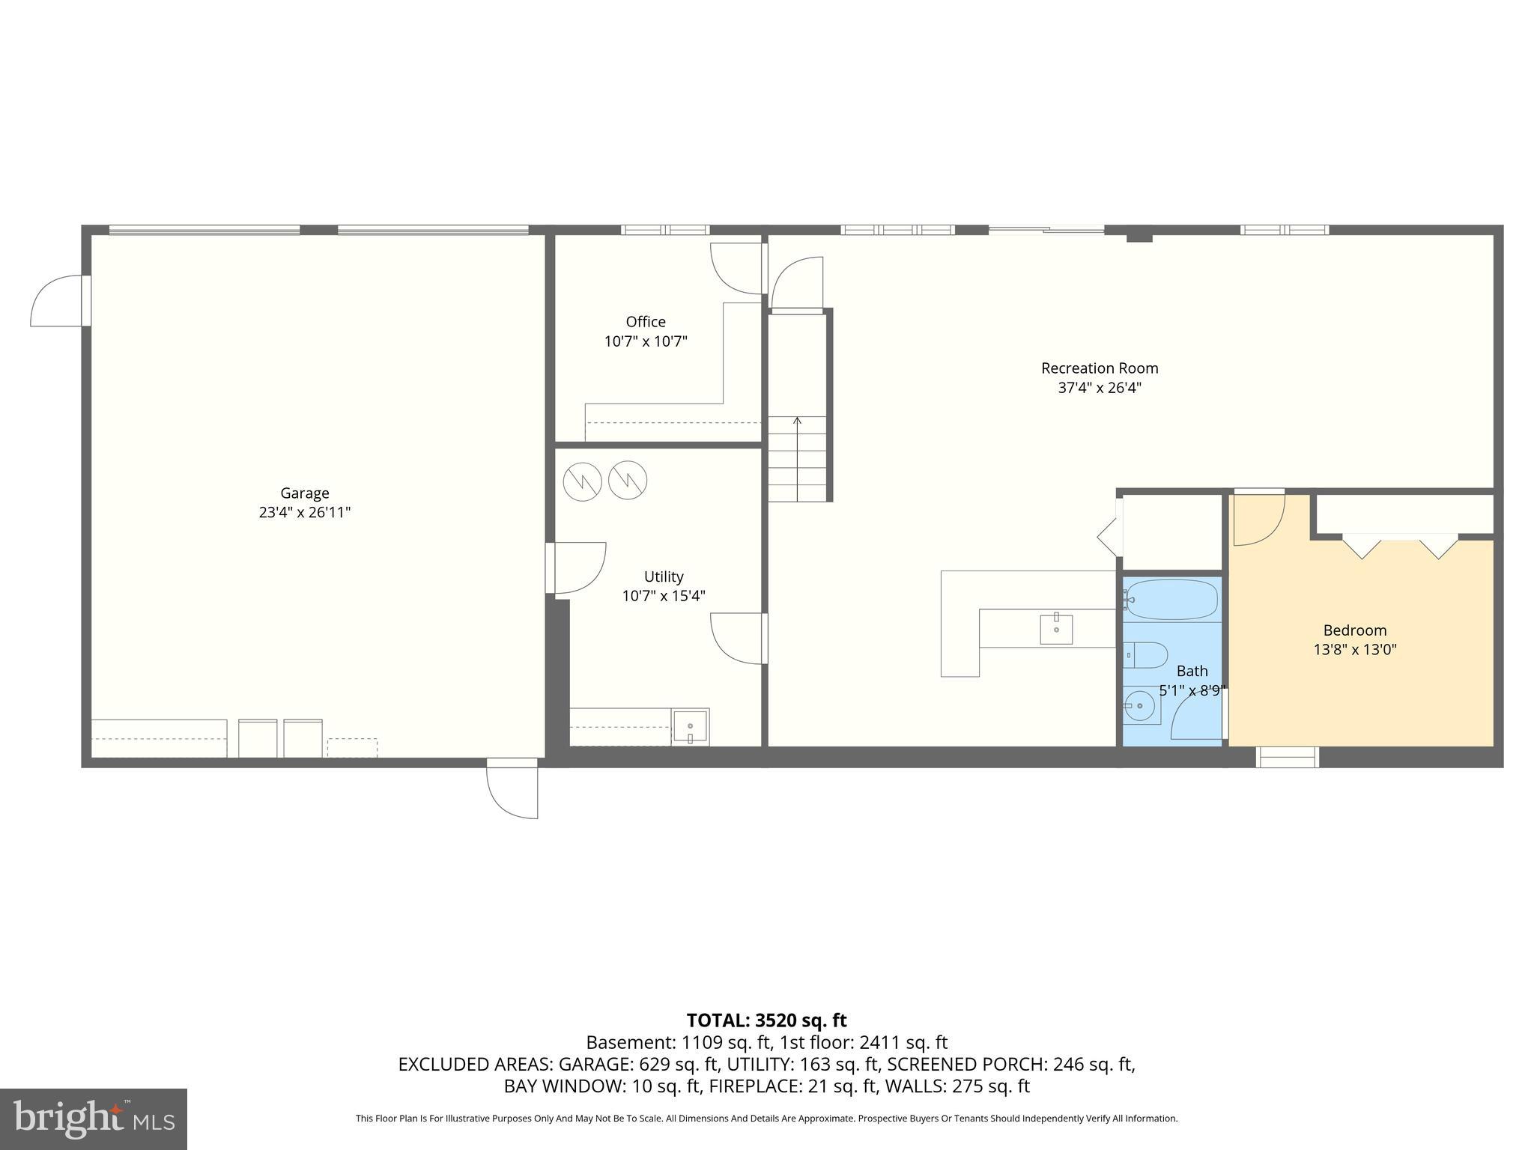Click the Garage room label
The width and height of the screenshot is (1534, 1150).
pos(304,493)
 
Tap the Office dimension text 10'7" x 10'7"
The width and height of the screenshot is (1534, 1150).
pos(646,342)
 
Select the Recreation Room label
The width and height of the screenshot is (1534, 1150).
pos(1099,368)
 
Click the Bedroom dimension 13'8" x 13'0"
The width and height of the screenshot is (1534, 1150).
pos(1354,650)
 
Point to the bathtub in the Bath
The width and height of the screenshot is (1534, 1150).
pos(1172,599)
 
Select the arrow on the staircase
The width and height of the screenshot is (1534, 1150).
pos(797,424)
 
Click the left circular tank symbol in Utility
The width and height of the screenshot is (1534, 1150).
pos(582,481)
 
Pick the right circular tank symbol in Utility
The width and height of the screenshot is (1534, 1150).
pos(628,480)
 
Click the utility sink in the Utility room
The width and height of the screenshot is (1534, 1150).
pos(690,726)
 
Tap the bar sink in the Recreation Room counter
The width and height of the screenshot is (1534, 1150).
pos(1056,629)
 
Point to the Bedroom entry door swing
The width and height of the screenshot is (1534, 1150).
pos(1258,518)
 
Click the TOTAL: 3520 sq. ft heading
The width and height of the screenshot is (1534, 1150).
pos(766,1020)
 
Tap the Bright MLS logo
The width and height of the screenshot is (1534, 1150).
pos(93,1119)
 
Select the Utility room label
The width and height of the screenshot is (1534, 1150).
pos(664,576)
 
